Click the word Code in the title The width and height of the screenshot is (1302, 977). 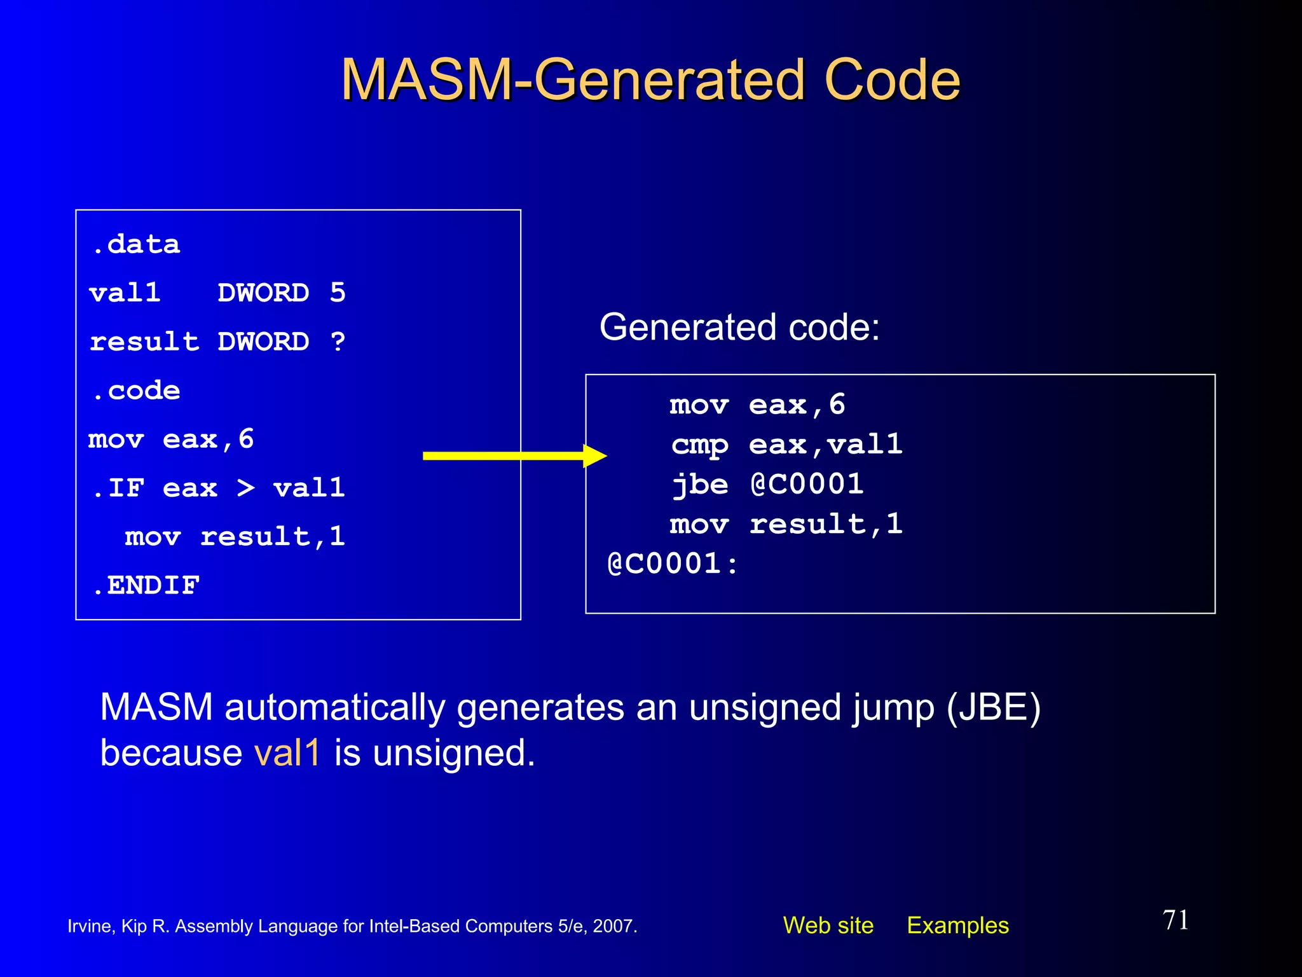pos(891,80)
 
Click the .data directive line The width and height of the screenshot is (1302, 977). pos(137,245)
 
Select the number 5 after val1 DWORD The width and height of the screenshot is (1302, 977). pos(338,293)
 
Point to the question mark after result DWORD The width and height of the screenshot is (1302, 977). pos(338,342)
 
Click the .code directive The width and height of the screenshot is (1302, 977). pos(137,391)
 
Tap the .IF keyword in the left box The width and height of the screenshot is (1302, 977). pos(118,488)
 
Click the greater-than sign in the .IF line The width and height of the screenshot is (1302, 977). pos(246,488)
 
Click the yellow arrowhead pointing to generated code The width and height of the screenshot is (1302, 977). pos(594,455)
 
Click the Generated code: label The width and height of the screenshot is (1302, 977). pos(739,327)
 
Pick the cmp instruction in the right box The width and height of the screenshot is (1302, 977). pos(699,445)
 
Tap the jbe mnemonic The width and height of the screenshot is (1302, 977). pos(699,485)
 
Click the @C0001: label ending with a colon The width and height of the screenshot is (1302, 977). pos(673,564)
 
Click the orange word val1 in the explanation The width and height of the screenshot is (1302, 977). pos(287,752)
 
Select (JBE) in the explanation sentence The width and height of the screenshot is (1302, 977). pos(993,707)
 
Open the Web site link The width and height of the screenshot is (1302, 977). pos(828,925)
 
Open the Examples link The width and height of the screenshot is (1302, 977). pos(957,925)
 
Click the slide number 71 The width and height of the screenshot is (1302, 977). pos(1175,920)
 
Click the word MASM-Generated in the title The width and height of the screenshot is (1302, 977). pos(575,80)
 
